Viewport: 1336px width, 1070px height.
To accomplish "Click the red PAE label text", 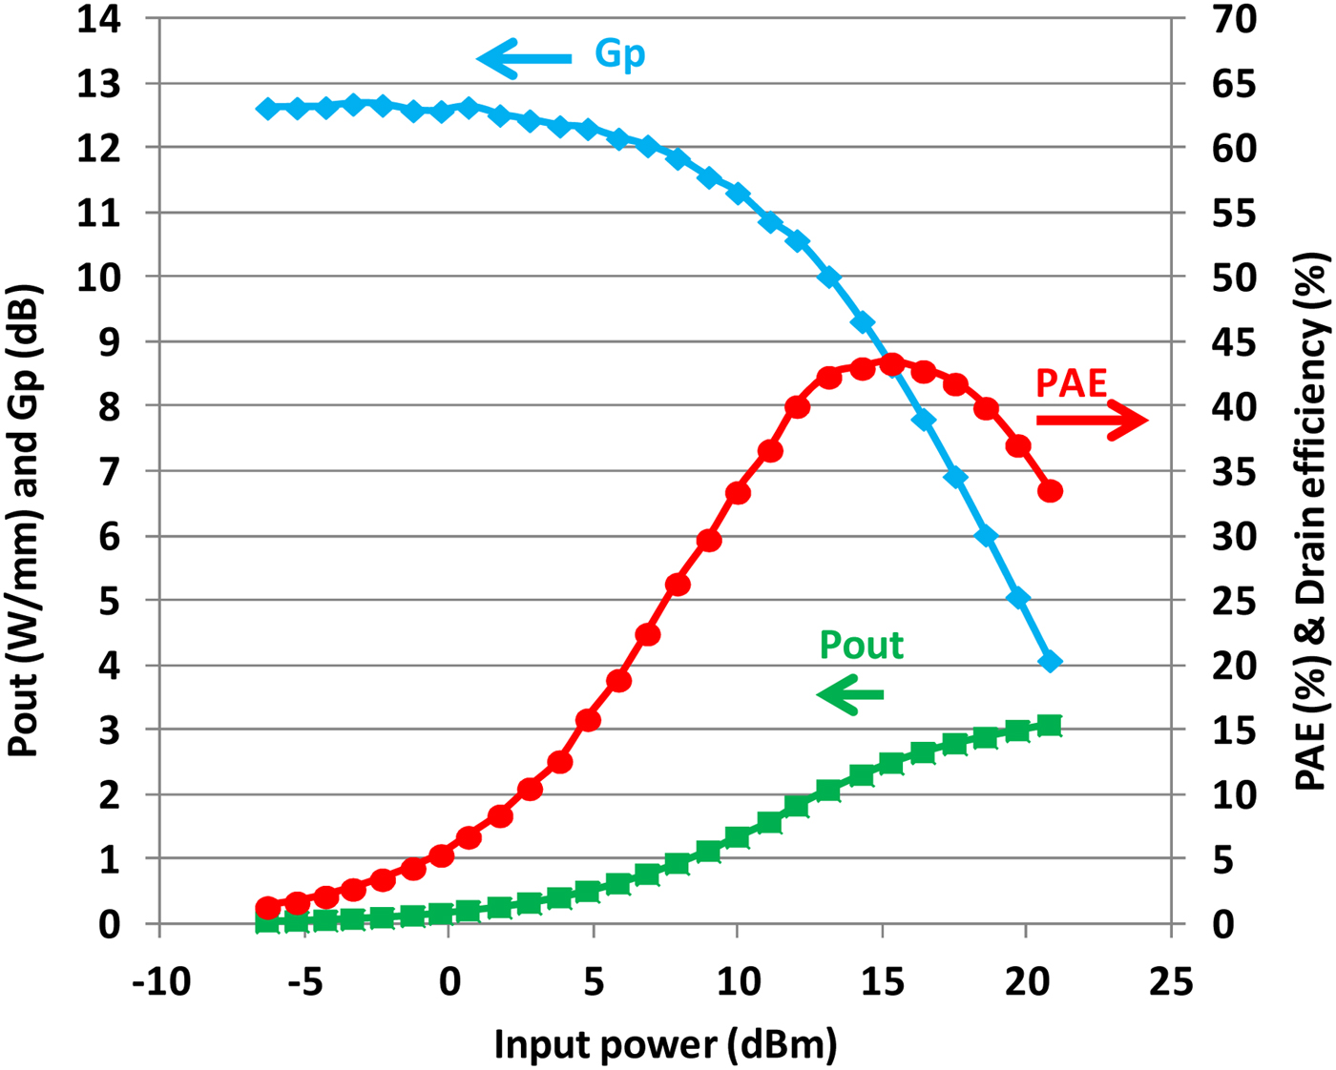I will [x=1071, y=383].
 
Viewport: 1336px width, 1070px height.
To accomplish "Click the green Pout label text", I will [x=861, y=646].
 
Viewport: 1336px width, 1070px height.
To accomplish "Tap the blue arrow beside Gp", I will [x=524, y=58].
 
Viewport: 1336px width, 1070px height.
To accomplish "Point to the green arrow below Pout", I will [x=850, y=693].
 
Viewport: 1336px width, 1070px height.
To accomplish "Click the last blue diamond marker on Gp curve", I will [x=1050, y=661].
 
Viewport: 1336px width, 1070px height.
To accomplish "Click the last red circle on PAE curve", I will [x=1050, y=491].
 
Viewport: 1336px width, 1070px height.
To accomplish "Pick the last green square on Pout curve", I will [x=1050, y=726].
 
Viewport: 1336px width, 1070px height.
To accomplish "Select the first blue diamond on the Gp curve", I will [x=267, y=109].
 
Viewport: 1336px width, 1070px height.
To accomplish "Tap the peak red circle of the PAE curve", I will [x=891, y=364].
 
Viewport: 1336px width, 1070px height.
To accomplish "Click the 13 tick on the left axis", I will [x=99, y=84].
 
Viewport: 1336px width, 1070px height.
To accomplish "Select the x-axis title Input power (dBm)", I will [x=665, y=1044].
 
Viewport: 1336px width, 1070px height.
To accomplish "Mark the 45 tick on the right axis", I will [x=1234, y=342].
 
